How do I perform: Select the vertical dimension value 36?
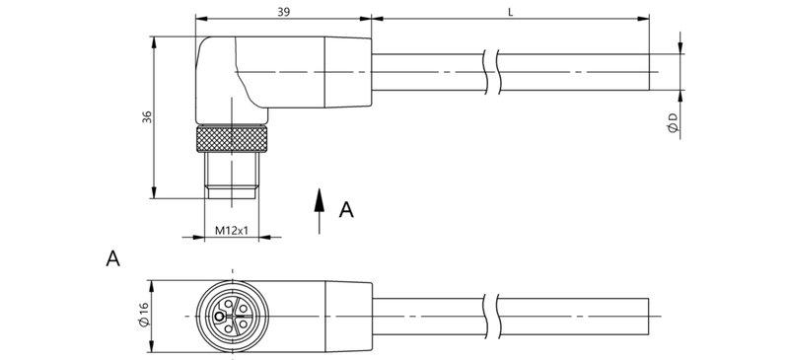pos(147,116)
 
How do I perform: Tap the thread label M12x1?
pos(231,232)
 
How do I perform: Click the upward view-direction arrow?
pos(319,210)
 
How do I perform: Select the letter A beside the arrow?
pos(346,209)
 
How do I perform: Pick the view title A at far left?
pos(113,259)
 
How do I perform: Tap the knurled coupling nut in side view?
pos(231,137)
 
